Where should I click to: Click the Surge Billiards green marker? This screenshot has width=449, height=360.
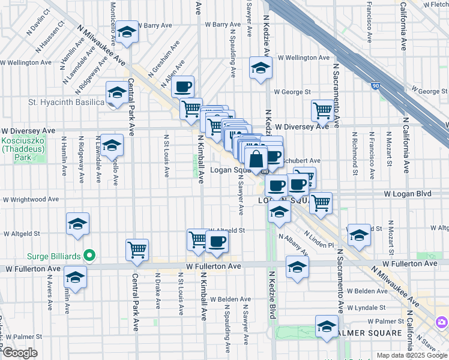point(89,256)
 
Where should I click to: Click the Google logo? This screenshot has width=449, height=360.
point(20,353)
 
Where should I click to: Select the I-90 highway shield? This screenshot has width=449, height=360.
point(376,87)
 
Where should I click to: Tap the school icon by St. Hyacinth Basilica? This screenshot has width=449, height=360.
point(116,92)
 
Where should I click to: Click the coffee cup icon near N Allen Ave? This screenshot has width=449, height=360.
point(183,86)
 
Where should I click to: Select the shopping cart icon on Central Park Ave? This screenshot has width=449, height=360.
point(137,249)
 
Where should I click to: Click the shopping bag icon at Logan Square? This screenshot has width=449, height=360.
point(256,159)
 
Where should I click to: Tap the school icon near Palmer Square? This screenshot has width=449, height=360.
point(327,326)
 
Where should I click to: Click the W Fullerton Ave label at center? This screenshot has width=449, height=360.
point(213,265)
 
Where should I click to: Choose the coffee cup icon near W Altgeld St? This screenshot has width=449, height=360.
point(217,242)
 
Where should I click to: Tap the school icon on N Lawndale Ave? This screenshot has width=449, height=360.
point(112,146)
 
